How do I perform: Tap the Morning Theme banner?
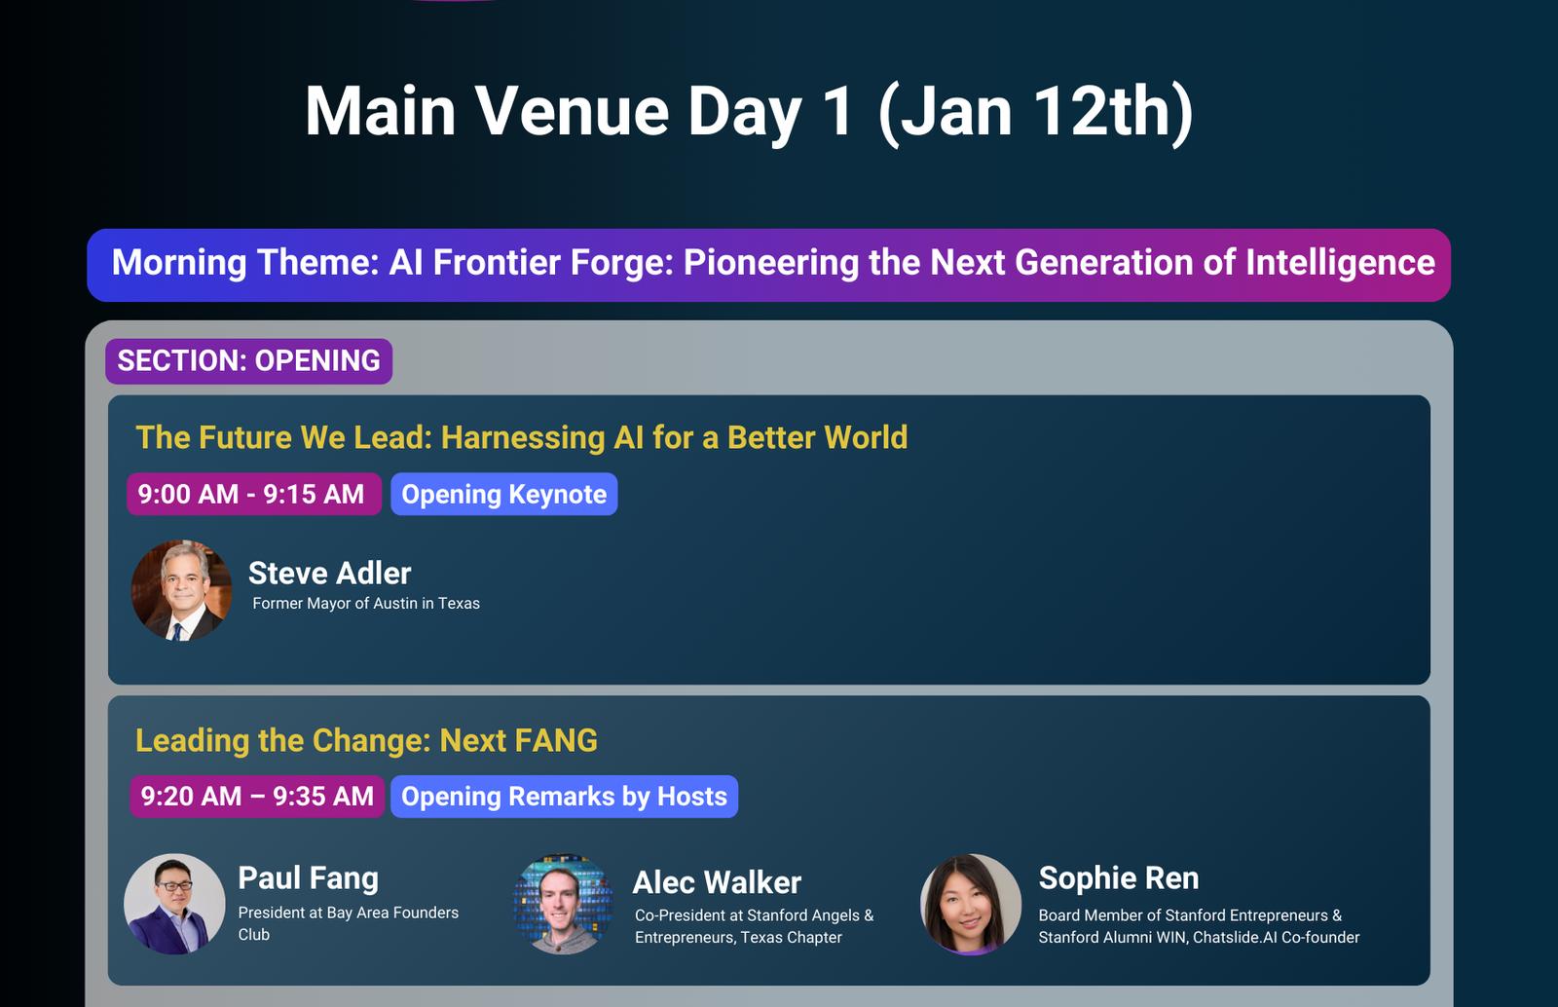[x=768, y=265]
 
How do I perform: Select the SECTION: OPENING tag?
[x=249, y=361]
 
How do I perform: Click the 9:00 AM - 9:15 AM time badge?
[x=254, y=494]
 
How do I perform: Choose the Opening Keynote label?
[x=503, y=494]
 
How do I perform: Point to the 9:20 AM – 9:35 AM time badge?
[x=257, y=797]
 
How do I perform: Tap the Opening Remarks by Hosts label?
[x=564, y=797]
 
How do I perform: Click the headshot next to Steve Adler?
[x=181, y=590]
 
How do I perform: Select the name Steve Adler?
[x=330, y=573]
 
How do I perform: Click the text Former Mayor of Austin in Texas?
[x=366, y=603]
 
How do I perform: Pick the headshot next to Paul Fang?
[x=174, y=904]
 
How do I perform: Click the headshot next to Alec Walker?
[x=564, y=904]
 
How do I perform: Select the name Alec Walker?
[x=717, y=882]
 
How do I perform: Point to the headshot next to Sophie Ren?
[x=971, y=904]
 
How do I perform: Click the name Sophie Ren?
[x=1119, y=878]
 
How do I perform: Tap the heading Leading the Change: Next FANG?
[x=366, y=741]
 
